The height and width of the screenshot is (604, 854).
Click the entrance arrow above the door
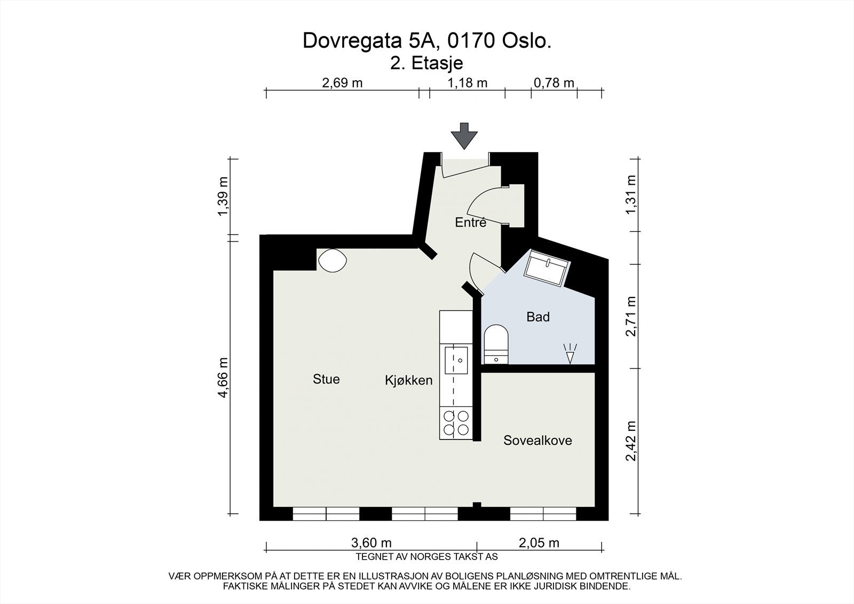(463, 136)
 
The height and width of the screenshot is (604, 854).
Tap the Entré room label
(470, 223)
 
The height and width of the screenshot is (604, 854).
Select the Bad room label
(537, 317)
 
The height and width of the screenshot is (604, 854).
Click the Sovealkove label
(537, 441)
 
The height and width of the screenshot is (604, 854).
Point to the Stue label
(326, 379)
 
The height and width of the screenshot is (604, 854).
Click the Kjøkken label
(408, 381)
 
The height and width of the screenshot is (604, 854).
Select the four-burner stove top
(456, 422)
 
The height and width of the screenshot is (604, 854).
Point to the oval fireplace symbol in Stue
(331, 261)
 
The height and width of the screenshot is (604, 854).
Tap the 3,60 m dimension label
(371, 543)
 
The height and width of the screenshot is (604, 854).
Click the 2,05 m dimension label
(539, 543)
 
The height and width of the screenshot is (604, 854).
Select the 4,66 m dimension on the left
(224, 377)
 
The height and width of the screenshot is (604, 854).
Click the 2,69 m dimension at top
(342, 83)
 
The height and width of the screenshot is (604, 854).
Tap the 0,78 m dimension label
(554, 83)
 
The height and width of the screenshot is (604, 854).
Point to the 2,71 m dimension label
(631, 316)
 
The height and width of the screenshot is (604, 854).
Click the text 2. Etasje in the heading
(426, 63)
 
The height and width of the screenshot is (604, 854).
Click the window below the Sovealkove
(543, 513)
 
